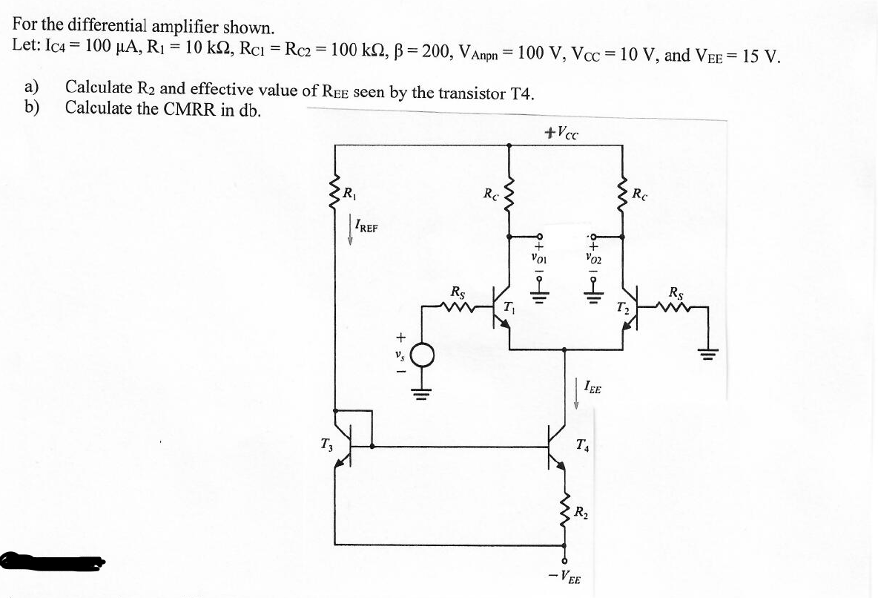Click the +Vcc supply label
click(x=561, y=134)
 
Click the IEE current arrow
click(x=576, y=393)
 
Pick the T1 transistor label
click(x=509, y=306)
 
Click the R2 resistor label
click(x=582, y=512)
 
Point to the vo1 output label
click(x=539, y=259)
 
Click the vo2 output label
click(x=593, y=259)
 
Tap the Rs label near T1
click(x=459, y=292)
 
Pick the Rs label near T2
click(x=677, y=292)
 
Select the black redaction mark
click(x=52, y=562)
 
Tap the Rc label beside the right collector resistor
click(x=640, y=194)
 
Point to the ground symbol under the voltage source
click(x=423, y=391)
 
